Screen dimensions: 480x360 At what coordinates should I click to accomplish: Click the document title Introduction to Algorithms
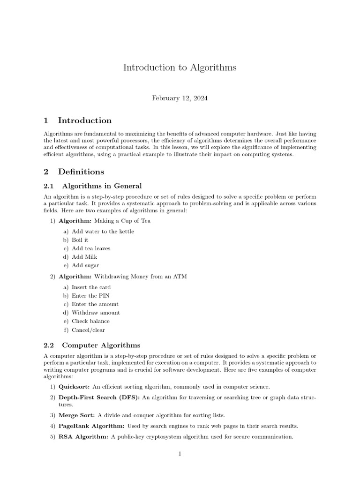(x=180, y=67)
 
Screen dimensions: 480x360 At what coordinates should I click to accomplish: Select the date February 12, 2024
(x=180, y=98)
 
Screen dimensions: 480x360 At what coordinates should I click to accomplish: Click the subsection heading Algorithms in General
(x=101, y=186)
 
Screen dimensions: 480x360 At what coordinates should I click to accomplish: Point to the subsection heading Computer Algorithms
(x=101, y=345)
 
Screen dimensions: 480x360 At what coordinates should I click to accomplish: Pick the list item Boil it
(x=80, y=240)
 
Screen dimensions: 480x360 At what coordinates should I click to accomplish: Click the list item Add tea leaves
(x=91, y=248)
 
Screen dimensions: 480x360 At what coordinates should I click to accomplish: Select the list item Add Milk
(x=84, y=257)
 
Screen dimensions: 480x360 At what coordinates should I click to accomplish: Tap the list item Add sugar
(x=85, y=265)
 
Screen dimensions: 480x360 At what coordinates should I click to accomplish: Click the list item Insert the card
(x=91, y=287)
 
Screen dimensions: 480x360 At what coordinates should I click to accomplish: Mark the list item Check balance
(x=90, y=321)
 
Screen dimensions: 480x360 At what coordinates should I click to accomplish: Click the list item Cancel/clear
(x=88, y=330)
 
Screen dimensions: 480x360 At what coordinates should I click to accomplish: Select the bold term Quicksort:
(x=75, y=387)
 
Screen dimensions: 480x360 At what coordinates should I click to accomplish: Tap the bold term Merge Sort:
(x=75, y=415)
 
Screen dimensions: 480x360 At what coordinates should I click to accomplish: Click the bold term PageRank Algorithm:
(x=91, y=426)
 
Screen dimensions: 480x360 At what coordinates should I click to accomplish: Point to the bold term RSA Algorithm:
(x=83, y=437)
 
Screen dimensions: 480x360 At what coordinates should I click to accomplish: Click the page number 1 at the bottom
(x=180, y=454)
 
